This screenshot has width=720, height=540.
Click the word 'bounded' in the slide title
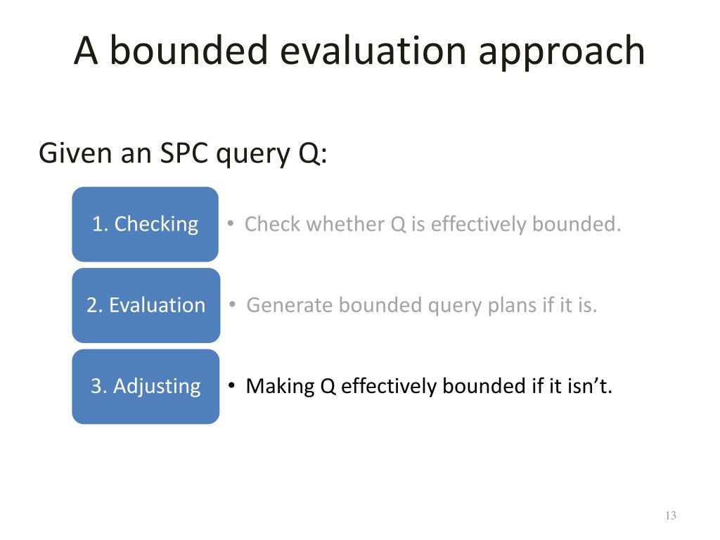[188, 50]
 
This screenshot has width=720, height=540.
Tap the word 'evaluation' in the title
[373, 51]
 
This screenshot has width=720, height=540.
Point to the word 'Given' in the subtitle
[76, 153]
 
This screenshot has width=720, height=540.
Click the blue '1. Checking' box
[145, 224]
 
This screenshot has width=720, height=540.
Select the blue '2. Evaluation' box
[146, 305]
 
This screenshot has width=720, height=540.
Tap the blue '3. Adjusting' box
[146, 387]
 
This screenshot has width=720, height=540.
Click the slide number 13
[670, 515]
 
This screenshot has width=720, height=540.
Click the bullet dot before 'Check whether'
[231, 223]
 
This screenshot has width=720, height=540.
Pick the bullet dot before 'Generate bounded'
[233, 304]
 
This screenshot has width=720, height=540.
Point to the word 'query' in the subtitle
[253, 155]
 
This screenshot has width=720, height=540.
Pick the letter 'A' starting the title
[86, 51]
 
